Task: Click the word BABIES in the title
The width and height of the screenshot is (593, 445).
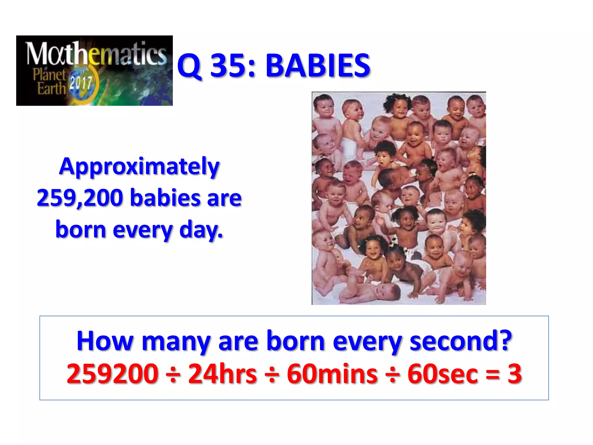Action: [318, 66]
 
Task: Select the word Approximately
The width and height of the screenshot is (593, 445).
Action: [139, 167]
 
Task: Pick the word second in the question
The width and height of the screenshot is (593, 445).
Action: [461, 341]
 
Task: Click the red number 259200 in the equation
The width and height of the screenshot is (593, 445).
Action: [112, 374]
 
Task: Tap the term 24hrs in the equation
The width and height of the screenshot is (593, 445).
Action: [222, 374]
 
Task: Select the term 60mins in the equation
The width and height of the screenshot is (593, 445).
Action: [332, 374]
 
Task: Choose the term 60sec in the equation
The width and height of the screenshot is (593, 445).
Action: [443, 374]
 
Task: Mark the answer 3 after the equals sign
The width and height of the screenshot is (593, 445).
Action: [515, 374]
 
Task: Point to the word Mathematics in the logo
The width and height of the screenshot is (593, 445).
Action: [96, 54]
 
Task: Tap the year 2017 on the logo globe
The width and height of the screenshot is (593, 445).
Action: [81, 83]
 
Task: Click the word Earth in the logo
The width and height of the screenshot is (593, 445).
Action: [52, 88]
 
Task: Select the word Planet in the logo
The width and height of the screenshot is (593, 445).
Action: [50, 75]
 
